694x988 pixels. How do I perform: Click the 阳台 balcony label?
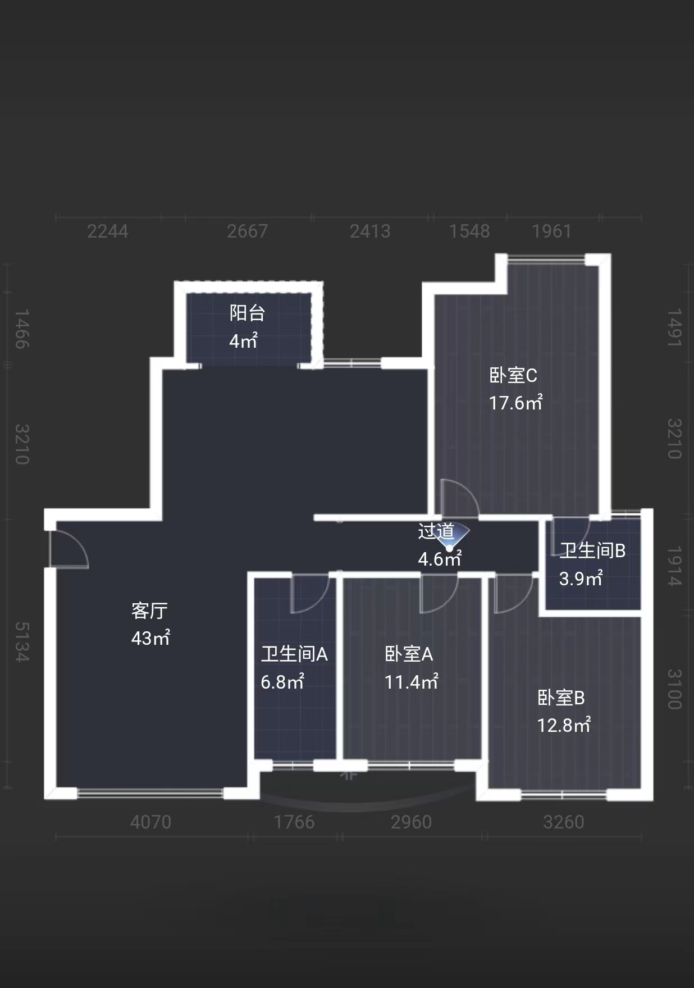click(247, 313)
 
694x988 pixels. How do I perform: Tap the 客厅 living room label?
click(149, 611)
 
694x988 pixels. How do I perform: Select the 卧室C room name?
click(513, 375)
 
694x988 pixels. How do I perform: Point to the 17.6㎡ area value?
click(515, 403)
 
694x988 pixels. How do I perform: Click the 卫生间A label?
click(294, 654)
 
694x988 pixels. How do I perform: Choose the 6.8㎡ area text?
click(282, 682)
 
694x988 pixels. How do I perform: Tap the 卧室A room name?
click(409, 654)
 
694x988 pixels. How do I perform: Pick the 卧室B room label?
click(561, 698)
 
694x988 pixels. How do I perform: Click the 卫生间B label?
click(592, 550)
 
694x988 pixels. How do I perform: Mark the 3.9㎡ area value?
click(581, 579)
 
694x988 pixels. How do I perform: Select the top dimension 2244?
click(108, 231)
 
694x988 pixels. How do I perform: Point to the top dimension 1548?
click(469, 231)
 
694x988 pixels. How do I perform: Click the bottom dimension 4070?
click(150, 822)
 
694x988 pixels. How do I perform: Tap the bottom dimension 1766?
click(294, 822)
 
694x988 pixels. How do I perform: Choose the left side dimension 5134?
click(21, 641)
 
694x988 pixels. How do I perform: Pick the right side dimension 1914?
click(674, 566)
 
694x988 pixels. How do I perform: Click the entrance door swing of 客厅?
click(69, 549)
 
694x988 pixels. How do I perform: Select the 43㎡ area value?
click(150, 639)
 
